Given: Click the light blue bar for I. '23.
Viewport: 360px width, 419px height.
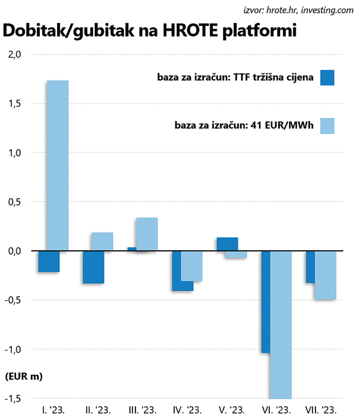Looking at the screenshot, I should click(57, 165).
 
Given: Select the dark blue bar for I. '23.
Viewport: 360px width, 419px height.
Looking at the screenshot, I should click(49, 262).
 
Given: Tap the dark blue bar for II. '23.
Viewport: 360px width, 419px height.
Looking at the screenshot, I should click(93, 267).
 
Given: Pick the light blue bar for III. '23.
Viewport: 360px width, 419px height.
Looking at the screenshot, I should click(147, 234).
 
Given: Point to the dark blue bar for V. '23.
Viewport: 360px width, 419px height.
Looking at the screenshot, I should click(227, 244).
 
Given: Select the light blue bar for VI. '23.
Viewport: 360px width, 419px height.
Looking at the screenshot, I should click(280, 325).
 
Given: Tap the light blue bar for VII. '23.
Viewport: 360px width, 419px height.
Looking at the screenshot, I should click(325, 275).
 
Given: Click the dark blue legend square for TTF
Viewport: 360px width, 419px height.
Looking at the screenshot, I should click(327, 78).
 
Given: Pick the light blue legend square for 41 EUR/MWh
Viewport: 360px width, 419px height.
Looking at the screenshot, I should click(327, 126).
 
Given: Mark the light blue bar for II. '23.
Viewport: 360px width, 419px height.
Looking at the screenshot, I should click(102, 241).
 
